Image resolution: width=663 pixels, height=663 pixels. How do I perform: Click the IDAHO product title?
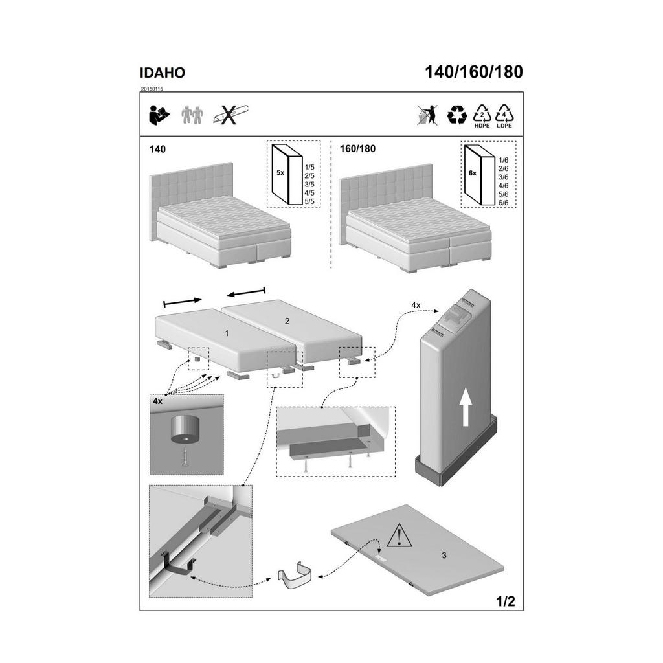[163, 73]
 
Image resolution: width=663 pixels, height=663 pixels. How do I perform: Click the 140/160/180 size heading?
[473, 72]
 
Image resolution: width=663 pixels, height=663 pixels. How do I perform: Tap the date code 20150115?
[152, 89]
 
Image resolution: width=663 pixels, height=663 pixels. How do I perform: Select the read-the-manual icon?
[159, 115]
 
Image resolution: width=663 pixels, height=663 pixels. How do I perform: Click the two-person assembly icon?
[192, 115]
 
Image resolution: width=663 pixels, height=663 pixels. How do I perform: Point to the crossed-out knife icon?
[231, 115]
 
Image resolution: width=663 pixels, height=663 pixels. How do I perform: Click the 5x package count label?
[280, 172]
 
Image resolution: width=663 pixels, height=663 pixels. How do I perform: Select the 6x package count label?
[473, 173]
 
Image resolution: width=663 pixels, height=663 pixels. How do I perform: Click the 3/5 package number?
[309, 185]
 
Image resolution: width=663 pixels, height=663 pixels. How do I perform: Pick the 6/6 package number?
[504, 203]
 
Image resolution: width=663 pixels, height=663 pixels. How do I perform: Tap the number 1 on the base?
[227, 333]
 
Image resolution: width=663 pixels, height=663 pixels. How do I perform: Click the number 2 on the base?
[287, 321]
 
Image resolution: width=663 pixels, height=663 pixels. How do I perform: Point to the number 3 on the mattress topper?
[444, 555]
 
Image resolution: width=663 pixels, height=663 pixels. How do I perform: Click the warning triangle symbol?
[398, 535]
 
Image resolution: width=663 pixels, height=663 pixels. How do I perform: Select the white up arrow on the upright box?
[465, 408]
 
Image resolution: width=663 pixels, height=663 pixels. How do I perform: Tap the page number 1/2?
[505, 601]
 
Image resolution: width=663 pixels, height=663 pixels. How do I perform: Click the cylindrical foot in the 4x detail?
[185, 429]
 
